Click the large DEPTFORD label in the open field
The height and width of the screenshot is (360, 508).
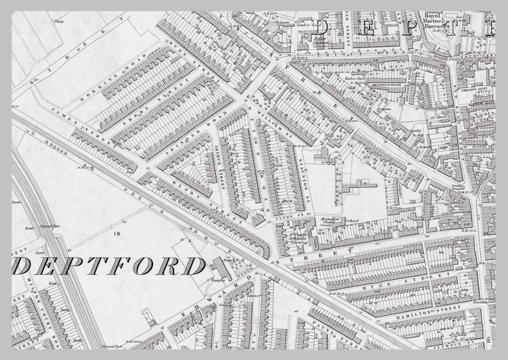108,266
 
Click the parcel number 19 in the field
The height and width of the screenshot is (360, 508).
116,234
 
